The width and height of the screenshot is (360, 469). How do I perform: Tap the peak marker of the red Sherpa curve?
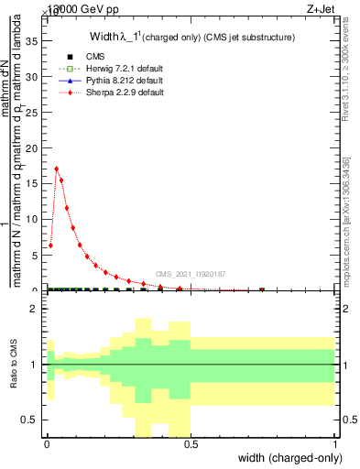coord(57,169)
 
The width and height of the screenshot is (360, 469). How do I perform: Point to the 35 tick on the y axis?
coord(35,41)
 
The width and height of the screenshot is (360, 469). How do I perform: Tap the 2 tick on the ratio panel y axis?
coord(34,310)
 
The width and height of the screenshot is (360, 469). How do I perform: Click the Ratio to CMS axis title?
coord(15,365)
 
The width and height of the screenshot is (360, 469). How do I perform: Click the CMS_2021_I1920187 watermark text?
coord(191,274)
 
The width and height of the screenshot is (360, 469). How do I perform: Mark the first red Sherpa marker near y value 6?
coord(50,245)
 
